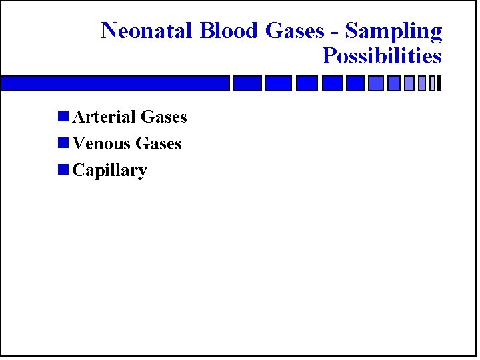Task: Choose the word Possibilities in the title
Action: (x=382, y=56)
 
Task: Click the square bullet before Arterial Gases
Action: (x=63, y=117)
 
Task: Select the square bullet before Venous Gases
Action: (x=63, y=143)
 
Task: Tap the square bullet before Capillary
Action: (x=63, y=170)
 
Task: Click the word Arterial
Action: (x=102, y=117)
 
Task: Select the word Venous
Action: (x=101, y=144)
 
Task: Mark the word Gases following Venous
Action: (x=158, y=144)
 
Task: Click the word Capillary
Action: (x=109, y=171)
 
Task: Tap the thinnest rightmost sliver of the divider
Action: (x=439, y=83)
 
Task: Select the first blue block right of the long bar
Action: (x=246, y=83)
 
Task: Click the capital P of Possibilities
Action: (x=329, y=56)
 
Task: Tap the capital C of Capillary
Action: (x=78, y=171)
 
